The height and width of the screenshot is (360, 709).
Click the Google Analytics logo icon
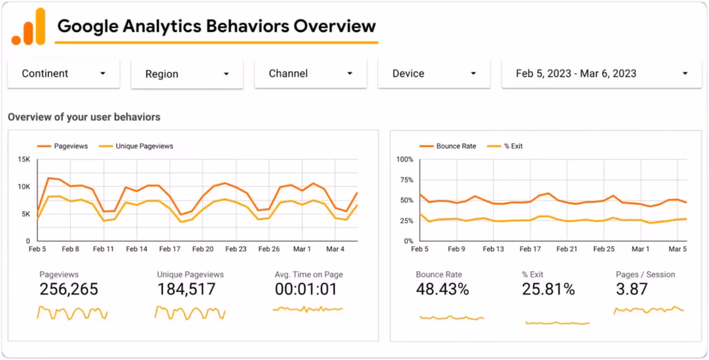(28, 27)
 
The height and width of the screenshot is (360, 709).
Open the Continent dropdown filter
(64, 73)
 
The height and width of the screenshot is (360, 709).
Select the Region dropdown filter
(187, 74)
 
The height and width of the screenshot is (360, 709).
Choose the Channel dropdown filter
(311, 73)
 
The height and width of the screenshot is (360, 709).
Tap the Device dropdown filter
(434, 73)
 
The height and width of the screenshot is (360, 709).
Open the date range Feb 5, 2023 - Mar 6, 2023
(602, 73)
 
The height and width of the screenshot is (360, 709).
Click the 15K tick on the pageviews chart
(24, 160)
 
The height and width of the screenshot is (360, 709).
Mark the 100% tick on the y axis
(404, 160)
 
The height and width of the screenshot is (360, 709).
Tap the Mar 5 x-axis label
(678, 249)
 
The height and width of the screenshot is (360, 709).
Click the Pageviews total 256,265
(69, 290)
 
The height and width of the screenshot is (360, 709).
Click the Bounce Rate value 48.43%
(442, 290)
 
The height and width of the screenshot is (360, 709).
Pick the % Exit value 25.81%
(548, 290)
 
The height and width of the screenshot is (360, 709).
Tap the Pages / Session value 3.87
(632, 290)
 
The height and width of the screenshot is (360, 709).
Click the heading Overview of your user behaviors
(84, 117)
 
